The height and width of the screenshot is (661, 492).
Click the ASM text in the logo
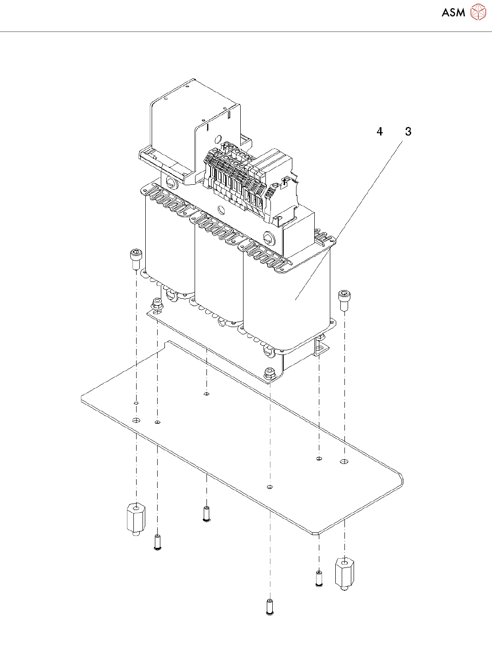(x=453, y=13)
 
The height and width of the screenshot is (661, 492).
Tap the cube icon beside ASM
(x=478, y=12)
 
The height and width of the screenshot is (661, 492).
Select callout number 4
(x=380, y=132)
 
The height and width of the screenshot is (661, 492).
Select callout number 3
(x=408, y=132)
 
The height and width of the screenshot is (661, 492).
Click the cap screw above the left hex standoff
(x=136, y=259)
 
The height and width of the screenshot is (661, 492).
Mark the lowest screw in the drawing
(x=270, y=607)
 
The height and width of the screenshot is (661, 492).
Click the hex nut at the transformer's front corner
(x=270, y=373)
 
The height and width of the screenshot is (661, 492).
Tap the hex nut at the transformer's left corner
(x=157, y=303)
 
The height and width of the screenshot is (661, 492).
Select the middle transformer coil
(x=218, y=274)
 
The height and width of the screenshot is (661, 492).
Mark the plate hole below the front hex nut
(x=270, y=487)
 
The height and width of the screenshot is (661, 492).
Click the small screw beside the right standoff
(x=319, y=578)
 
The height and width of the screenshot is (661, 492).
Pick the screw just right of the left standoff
(x=158, y=542)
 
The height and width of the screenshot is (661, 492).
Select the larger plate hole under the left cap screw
(x=136, y=420)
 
